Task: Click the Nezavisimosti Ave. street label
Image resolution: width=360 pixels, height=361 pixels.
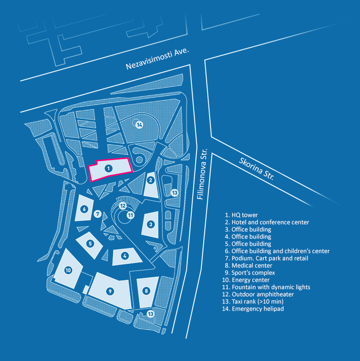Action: (x=158, y=59)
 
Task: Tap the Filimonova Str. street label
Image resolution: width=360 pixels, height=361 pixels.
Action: (x=201, y=174)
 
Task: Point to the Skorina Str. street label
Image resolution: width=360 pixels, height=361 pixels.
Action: (x=257, y=169)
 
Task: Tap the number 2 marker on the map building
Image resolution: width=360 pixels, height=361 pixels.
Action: (x=151, y=181)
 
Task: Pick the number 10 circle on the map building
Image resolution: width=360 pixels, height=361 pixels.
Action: (x=68, y=270)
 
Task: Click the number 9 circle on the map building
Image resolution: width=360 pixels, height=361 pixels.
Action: (x=110, y=291)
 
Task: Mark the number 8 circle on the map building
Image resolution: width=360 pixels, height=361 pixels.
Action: (x=147, y=290)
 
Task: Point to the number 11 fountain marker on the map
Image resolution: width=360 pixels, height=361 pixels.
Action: (x=130, y=215)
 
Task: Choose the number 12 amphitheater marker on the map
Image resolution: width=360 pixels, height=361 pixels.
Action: (x=123, y=206)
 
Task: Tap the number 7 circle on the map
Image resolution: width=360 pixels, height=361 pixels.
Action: (x=98, y=214)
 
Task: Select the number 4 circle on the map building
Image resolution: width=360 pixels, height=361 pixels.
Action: (x=125, y=256)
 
